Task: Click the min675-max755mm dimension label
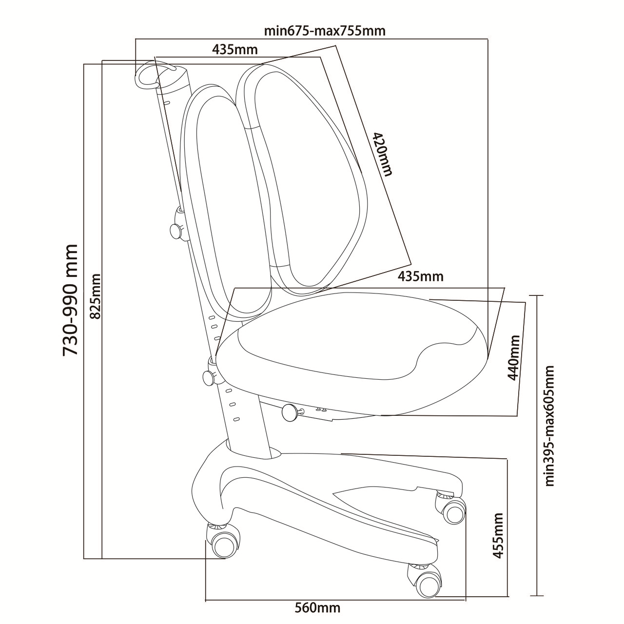pyautogui.click(x=325, y=31)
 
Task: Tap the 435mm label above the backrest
pyautogui.click(x=235, y=50)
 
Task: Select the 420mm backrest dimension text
pyautogui.click(x=382, y=154)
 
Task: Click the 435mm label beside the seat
pyautogui.click(x=420, y=276)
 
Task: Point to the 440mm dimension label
pyautogui.click(x=513, y=357)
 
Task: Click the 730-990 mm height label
pyautogui.click(x=70, y=300)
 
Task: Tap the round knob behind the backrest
pyautogui.click(x=176, y=230)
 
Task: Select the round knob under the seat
pyautogui.click(x=290, y=413)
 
